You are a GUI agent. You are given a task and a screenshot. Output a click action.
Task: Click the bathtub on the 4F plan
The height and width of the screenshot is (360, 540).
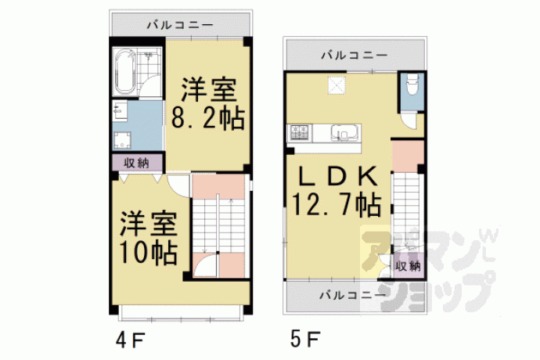(124, 72)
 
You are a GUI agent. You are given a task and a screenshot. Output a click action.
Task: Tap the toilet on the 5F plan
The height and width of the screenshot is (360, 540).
(412, 84)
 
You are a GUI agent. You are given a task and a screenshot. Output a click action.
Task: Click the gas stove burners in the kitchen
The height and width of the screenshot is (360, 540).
(299, 132)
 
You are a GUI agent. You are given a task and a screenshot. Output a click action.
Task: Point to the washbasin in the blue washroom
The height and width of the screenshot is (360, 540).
(119, 111)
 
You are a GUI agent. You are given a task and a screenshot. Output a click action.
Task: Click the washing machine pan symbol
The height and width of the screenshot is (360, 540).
(121, 141)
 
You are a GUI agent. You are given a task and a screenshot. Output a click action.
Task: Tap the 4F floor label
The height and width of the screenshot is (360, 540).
(131, 340)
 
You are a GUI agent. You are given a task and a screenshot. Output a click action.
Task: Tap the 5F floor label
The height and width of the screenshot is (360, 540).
(305, 339)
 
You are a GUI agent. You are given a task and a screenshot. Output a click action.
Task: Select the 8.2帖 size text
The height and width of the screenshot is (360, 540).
(207, 118)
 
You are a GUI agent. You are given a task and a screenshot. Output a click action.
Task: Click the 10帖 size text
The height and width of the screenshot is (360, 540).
(149, 253)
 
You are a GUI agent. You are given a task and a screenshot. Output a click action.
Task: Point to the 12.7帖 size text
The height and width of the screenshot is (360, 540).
(336, 205)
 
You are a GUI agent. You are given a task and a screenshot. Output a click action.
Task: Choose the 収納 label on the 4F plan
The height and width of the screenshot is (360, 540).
(137, 163)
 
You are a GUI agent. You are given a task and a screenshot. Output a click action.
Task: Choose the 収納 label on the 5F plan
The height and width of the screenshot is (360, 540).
(408, 266)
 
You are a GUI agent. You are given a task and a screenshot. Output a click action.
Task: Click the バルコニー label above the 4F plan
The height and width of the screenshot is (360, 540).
(180, 25)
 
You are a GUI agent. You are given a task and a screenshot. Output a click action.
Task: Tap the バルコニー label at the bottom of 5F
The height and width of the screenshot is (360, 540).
(352, 295)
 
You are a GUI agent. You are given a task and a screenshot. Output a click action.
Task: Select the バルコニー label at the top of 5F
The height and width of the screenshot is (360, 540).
(355, 55)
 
